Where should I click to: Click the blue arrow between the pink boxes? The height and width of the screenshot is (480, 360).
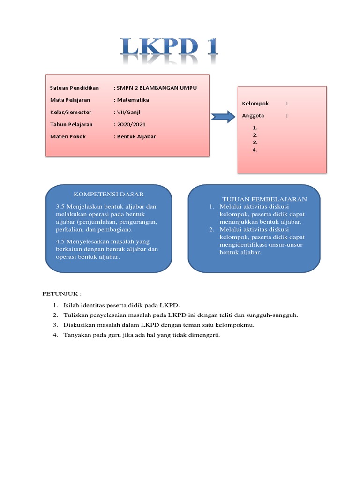tap(222, 116)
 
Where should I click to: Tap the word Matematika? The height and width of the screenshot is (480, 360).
tap(133, 100)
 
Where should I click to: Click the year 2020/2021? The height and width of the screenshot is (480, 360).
tap(131, 124)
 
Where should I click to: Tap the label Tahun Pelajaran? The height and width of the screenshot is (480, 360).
tap(71, 124)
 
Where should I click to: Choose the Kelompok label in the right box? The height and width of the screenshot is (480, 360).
tap(255, 103)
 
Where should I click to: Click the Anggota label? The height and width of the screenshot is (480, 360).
tap(254, 115)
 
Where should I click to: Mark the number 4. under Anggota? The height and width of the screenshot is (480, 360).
tap(255, 150)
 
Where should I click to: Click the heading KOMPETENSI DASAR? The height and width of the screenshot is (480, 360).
tap(109, 194)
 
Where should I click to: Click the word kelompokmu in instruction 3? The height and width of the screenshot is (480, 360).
tap(238, 325)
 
